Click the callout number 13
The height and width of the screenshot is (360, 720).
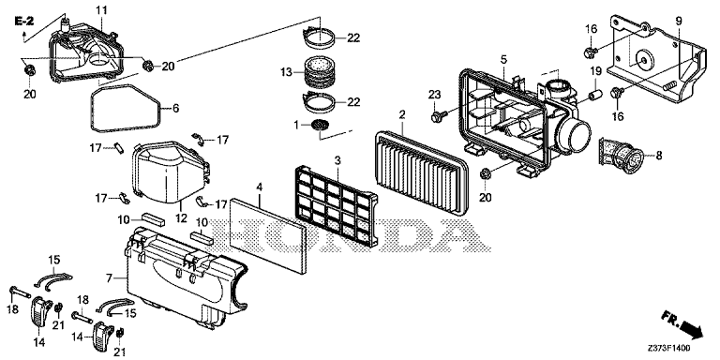(x=286, y=71)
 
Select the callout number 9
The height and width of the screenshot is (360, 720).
(x=679, y=21)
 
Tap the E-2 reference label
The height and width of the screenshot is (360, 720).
(x=24, y=21)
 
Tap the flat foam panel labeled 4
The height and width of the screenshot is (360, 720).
(x=268, y=235)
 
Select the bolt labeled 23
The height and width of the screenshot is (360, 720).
(x=437, y=116)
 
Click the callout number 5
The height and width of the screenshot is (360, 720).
(x=503, y=59)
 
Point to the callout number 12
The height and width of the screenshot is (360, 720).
(x=181, y=217)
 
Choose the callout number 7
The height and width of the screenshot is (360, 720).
(x=109, y=277)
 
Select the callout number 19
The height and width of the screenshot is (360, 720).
(x=595, y=70)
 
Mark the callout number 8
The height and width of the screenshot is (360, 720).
(x=659, y=156)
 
